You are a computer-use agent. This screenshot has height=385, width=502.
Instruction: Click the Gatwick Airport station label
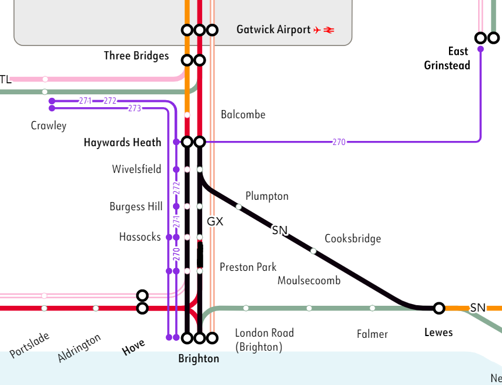coord(273,30)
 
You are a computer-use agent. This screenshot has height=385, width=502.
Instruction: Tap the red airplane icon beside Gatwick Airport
coord(317,30)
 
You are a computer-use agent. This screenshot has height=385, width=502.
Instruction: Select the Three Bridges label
coord(136,56)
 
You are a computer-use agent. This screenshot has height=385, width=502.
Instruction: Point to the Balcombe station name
coord(243,115)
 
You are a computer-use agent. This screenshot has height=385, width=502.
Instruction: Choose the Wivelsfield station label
coord(137,169)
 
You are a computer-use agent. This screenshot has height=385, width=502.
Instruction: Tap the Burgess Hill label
coord(136,207)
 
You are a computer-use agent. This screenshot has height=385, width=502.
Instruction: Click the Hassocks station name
coord(140,237)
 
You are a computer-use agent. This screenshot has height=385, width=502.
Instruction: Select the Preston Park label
coord(248,267)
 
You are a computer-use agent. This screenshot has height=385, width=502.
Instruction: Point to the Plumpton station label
coord(267,196)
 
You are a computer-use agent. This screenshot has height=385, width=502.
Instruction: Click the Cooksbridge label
coord(353,239)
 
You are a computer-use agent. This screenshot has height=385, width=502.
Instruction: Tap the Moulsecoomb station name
coord(309,281)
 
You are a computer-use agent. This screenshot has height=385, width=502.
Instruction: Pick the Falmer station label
coord(372,334)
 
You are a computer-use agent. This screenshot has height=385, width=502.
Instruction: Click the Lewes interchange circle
coord(439,308)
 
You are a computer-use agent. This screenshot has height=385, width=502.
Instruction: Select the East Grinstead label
coord(447,58)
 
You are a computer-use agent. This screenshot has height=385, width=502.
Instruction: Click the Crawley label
coord(48,126)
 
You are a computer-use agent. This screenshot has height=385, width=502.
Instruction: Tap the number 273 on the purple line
coord(135,108)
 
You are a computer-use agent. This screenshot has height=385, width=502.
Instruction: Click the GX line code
coord(215,222)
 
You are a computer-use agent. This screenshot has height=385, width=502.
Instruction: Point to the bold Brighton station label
coord(199,359)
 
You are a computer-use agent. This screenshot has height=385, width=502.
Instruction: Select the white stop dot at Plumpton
coord(239,206)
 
